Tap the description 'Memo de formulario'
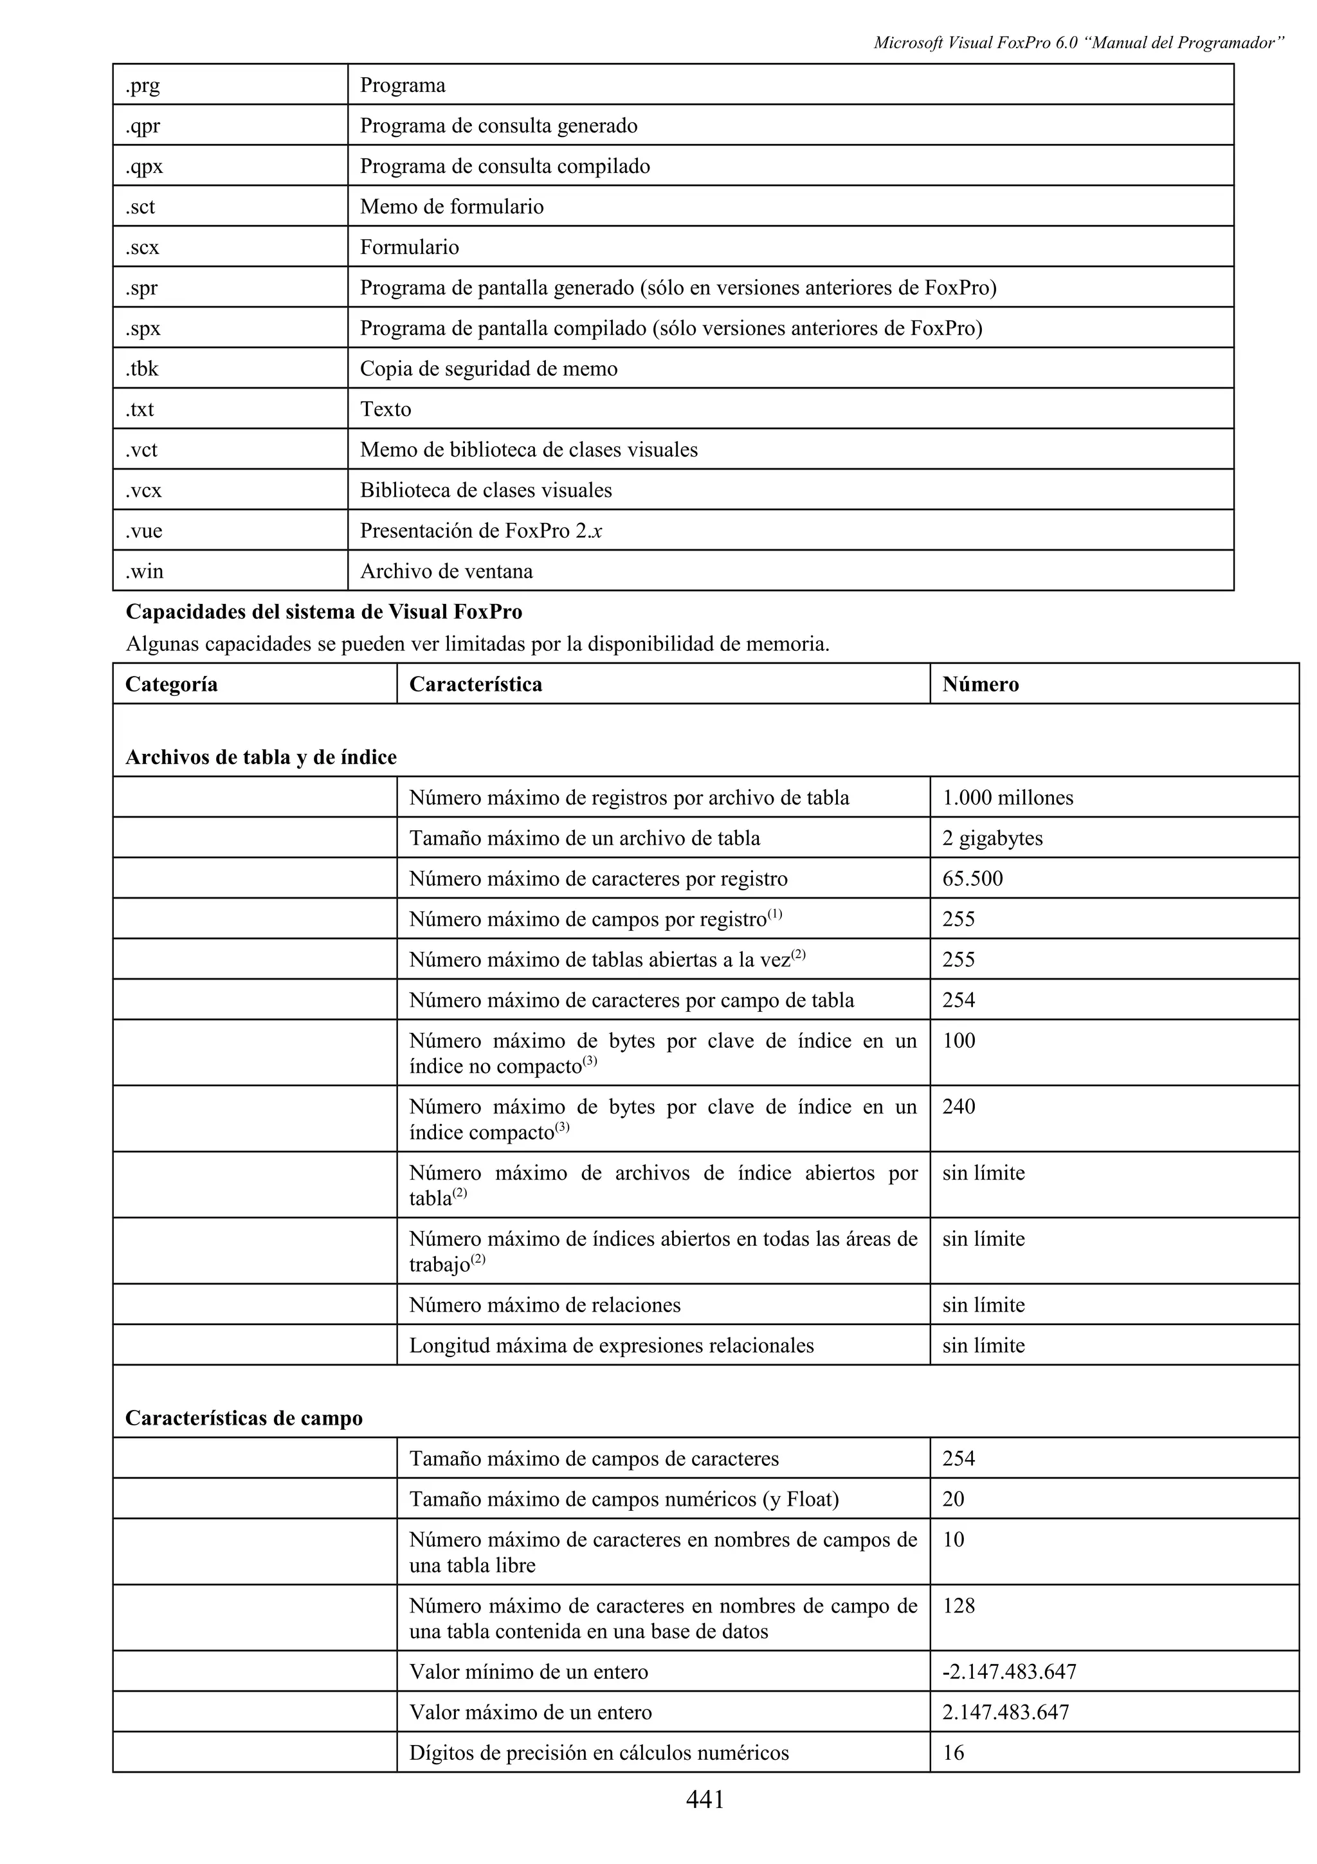(x=451, y=207)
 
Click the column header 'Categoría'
(x=171, y=684)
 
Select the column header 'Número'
(x=980, y=684)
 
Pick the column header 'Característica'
(x=475, y=684)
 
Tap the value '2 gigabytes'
(x=992, y=839)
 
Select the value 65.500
(x=972, y=879)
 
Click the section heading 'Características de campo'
(x=244, y=1419)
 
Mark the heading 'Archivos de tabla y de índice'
(x=260, y=758)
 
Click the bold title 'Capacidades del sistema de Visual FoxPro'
(x=323, y=612)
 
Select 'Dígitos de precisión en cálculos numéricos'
(x=598, y=1753)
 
